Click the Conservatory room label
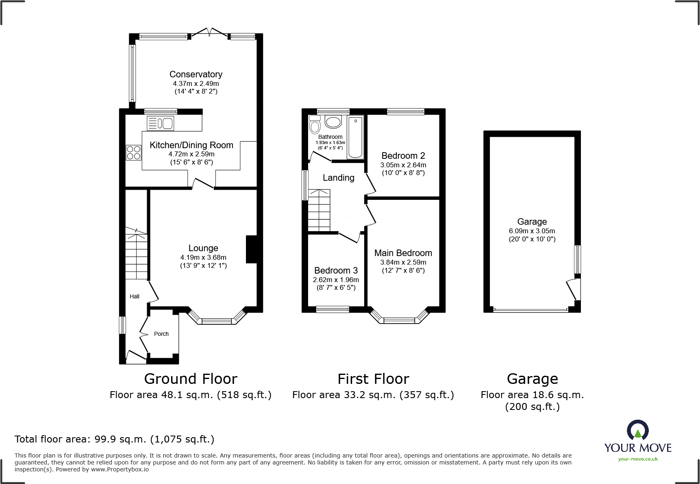pos(196,74)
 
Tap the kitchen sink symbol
pos(161,123)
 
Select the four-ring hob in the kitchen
pos(133,153)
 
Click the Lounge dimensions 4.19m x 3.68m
pos(203,258)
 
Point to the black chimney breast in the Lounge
pos(252,250)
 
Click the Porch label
pos(161,334)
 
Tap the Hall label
pos(135,296)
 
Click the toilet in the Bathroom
pos(315,125)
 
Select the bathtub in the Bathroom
pos(356,137)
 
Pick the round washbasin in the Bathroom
pos(334,122)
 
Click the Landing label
pos(339,178)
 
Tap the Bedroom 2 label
pos(403,156)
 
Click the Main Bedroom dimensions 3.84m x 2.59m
pos(403,263)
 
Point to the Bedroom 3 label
pos(336,271)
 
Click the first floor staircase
pos(319,210)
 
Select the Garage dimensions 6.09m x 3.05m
pos(532,231)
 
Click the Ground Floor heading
pos(191,379)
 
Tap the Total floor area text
pos(114,439)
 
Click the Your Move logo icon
pos(638,430)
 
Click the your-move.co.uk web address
pos(638,459)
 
